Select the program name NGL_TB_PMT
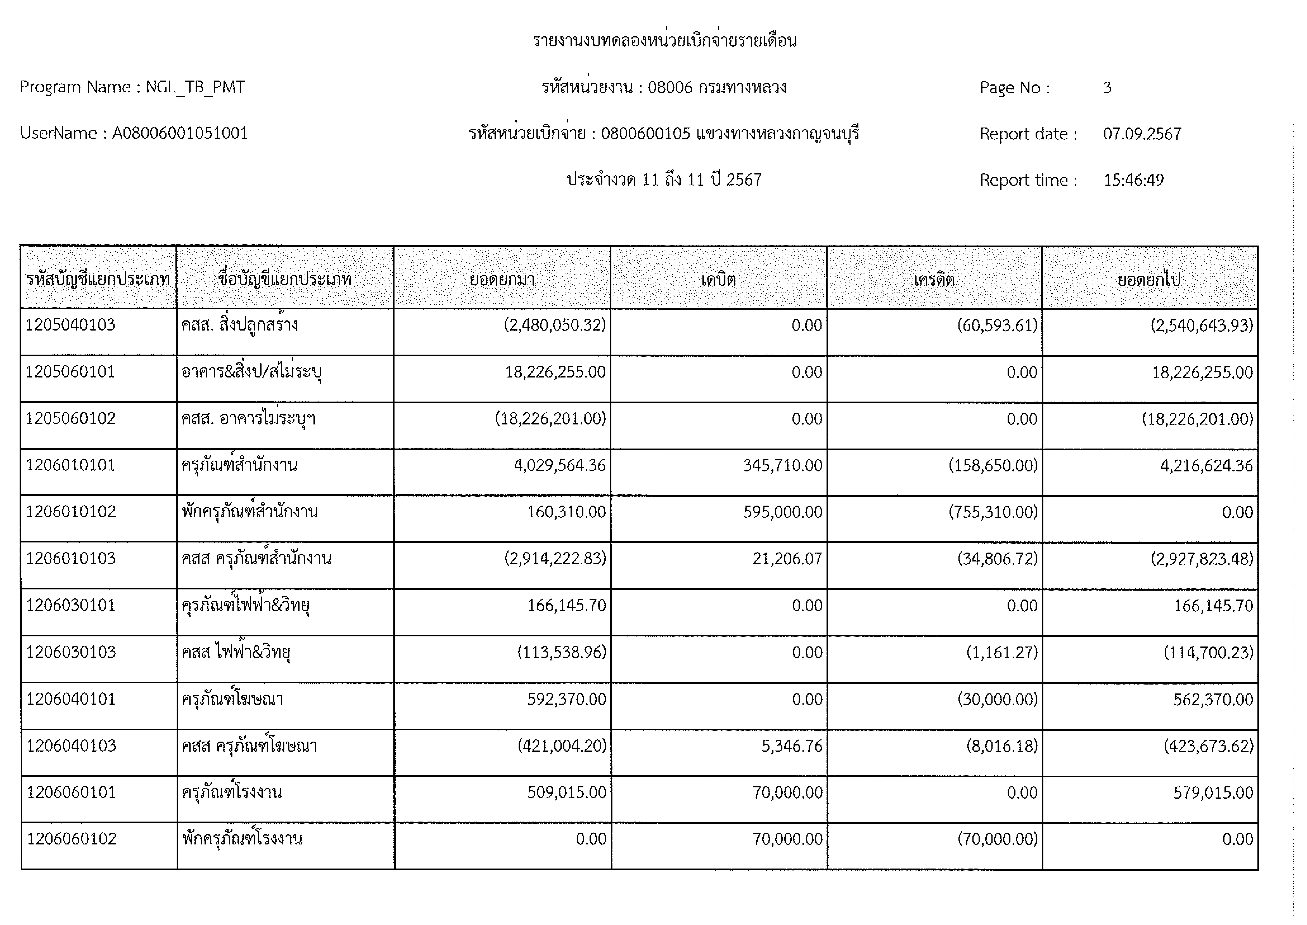195,87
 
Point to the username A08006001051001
180,133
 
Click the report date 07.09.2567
1142,134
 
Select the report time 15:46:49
1133,180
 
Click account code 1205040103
71,325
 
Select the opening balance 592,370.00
566,699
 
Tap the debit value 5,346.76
792,746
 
